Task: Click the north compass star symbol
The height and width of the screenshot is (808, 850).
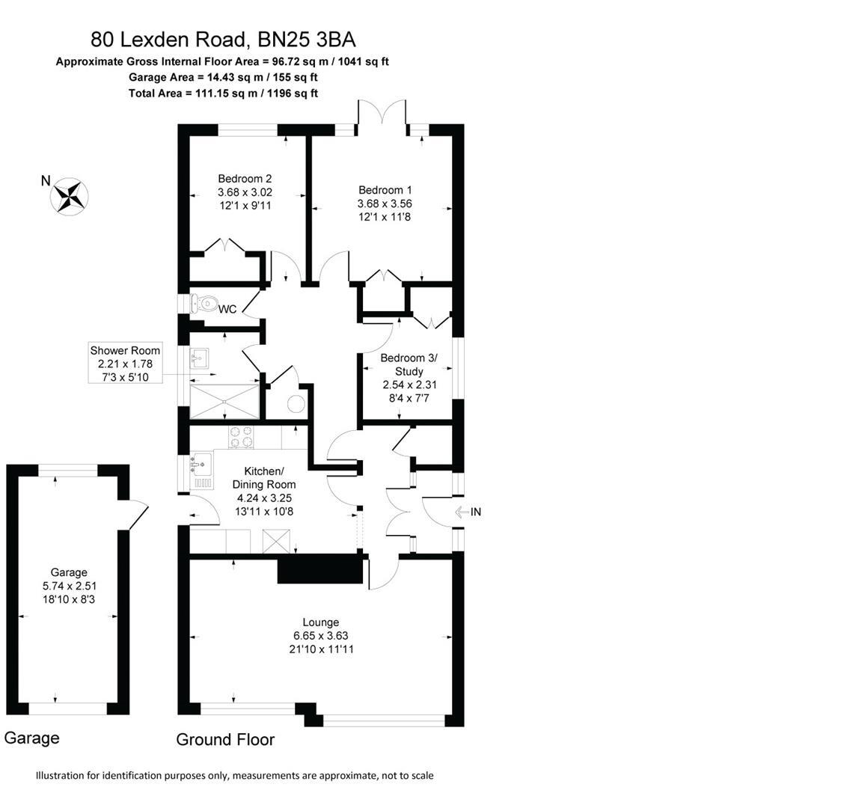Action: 69,197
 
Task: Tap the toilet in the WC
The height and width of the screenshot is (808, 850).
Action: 203,303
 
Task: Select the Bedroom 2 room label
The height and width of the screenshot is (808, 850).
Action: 245,179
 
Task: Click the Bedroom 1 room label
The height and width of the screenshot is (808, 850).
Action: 385,190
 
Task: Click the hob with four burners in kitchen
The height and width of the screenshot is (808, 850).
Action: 240,436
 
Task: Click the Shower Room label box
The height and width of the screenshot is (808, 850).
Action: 125,364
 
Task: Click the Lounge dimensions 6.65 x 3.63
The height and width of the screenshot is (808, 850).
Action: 321,636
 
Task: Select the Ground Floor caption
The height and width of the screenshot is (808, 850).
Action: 225,740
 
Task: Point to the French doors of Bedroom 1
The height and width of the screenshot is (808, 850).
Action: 382,114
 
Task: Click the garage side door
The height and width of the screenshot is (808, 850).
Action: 138,515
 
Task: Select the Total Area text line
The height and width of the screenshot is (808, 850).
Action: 223,94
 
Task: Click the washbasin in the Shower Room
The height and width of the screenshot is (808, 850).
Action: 199,358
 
